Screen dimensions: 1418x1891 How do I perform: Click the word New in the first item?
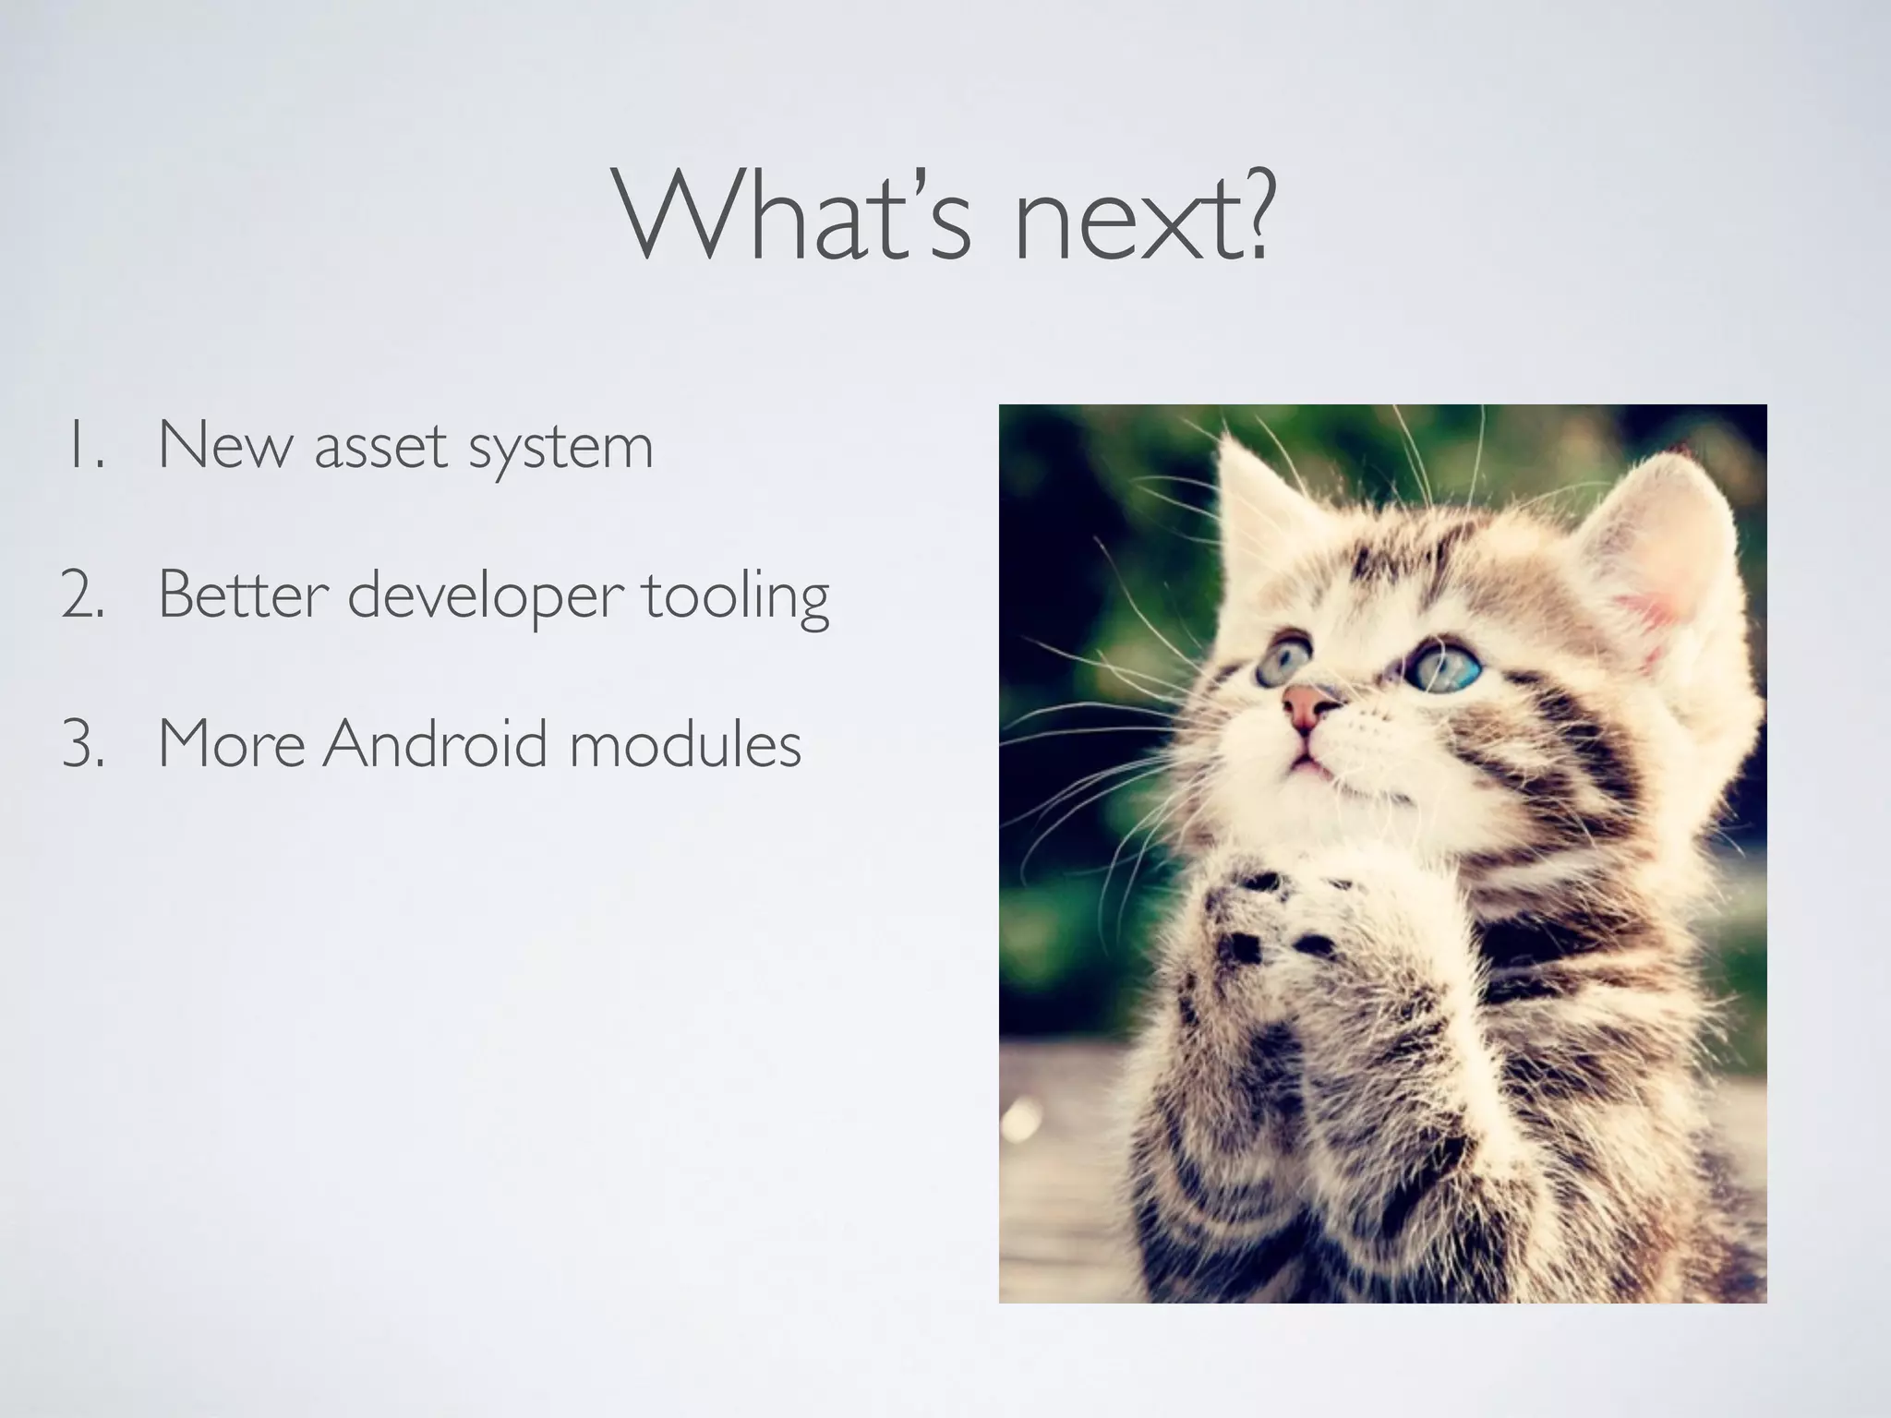click(225, 445)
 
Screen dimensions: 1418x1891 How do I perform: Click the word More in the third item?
click(231, 744)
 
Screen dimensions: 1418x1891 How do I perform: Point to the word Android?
click(435, 744)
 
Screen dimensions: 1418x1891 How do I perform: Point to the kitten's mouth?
click(1303, 763)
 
